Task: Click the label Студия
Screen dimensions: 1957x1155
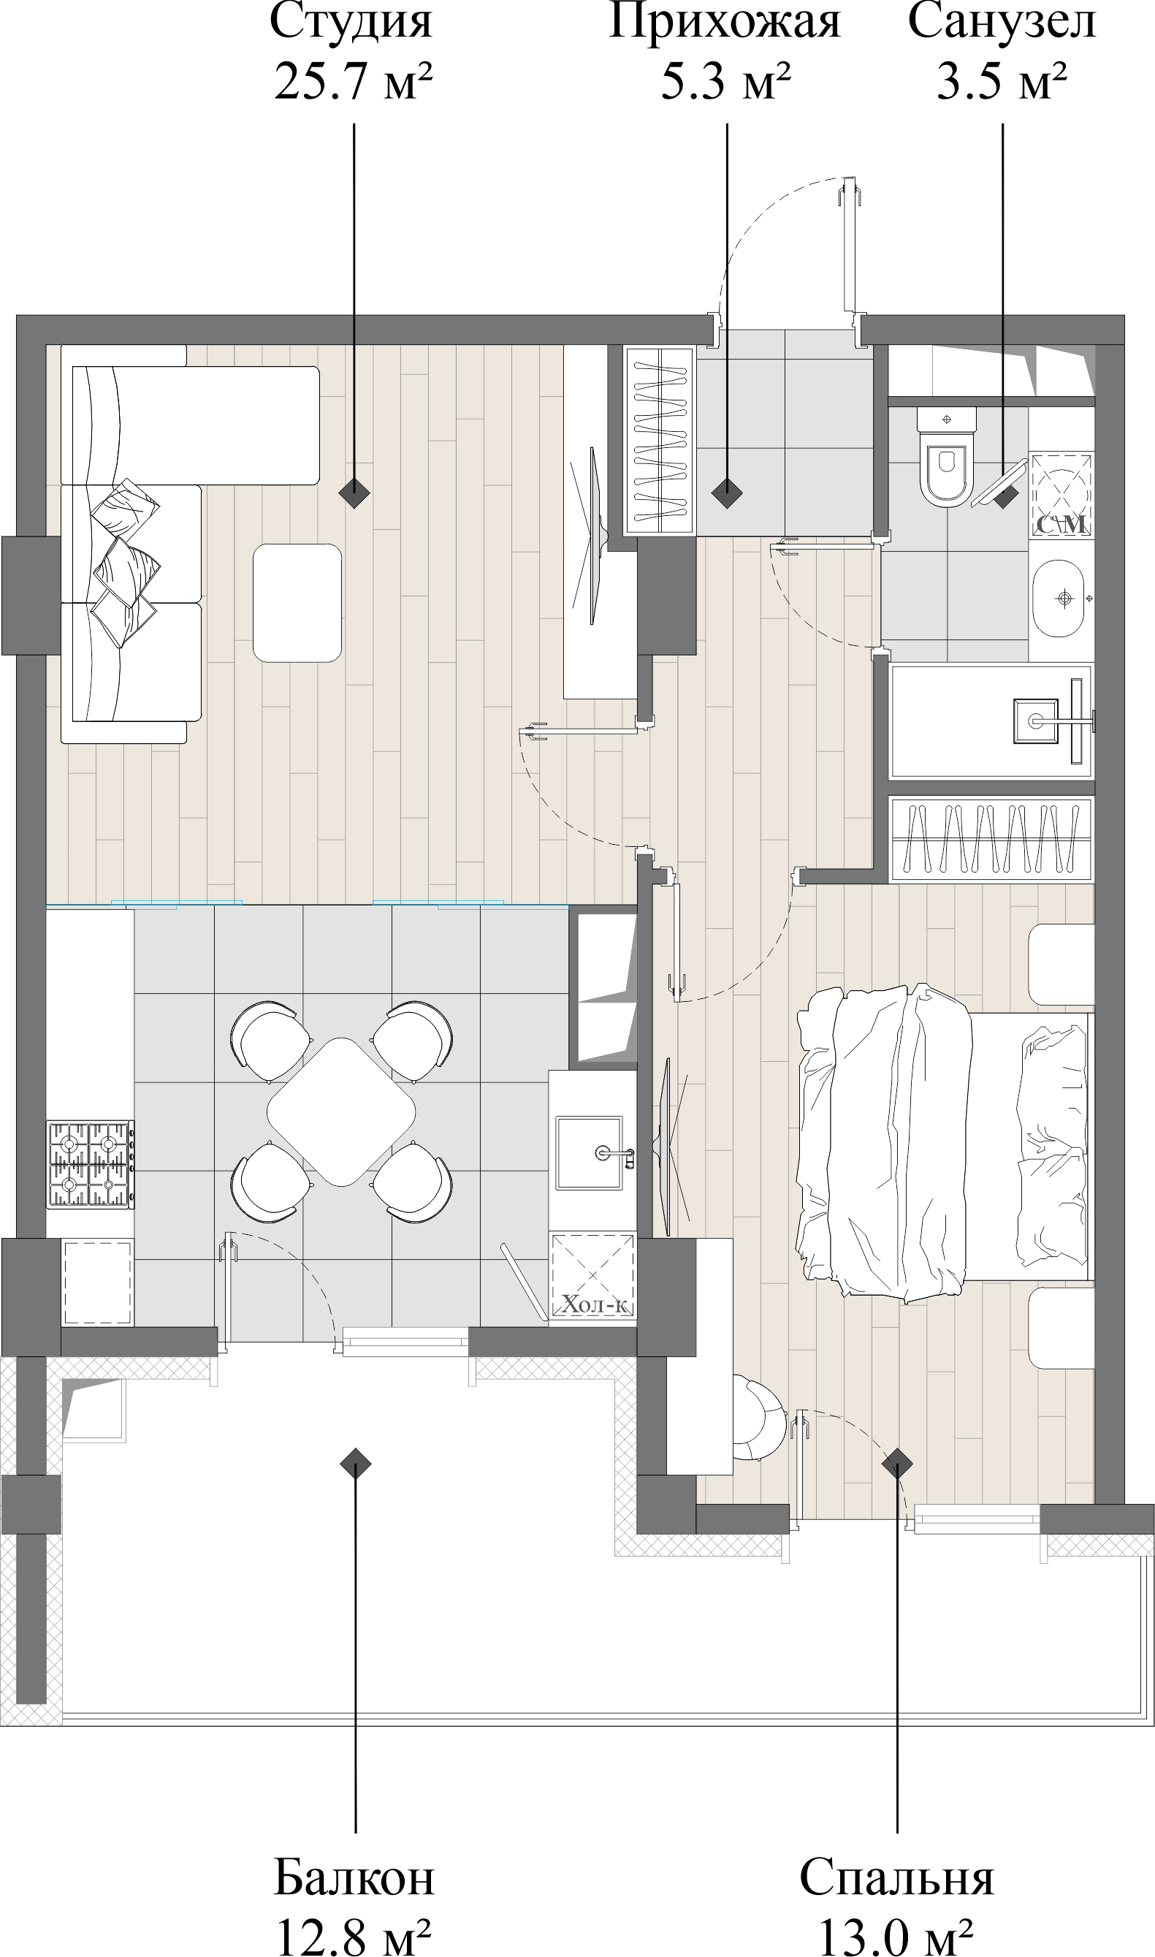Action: pyautogui.click(x=351, y=22)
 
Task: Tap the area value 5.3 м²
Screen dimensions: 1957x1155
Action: pyautogui.click(x=725, y=81)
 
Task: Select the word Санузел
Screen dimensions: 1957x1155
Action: pyautogui.click(x=1002, y=22)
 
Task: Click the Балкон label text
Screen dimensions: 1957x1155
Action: pyautogui.click(x=354, y=1877)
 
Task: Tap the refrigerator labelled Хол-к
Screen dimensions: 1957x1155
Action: pyautogui.click(x=593, y=1276)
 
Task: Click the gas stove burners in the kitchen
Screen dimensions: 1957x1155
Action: pyautogui.click(x=90, y=1165)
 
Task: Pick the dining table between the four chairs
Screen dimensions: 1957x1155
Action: pyautogui.click(x=341, y=1112)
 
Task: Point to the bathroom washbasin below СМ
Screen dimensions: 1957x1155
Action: pyautogui.click(x=1059, y=598)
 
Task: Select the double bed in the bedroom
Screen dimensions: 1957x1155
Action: pyautogui.click(x=942, y=1144)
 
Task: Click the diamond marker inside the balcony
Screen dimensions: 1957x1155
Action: pyautogui.click(x=355, y=1464)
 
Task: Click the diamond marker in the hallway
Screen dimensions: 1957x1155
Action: pyautogui.click(x=726, y=492)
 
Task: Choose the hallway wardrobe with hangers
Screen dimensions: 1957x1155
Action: pyautogui.click(x=659, y=441)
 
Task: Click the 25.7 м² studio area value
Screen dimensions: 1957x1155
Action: pyautogui.click(x=353, y=81)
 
